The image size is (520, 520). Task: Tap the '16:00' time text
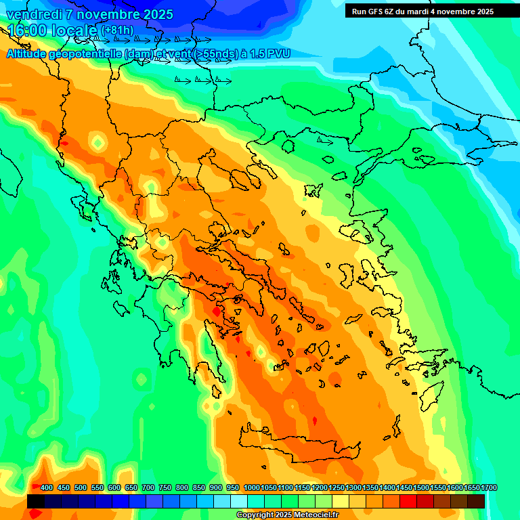point(27,30)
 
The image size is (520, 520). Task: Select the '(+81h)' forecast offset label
point(117,30)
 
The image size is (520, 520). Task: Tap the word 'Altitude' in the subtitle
point(30,53)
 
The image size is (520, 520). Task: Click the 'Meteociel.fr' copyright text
point(312,515)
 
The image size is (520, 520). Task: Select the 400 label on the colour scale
point(47,488)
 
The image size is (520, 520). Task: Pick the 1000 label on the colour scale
point(251,488)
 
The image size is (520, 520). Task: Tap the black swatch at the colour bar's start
point(36,501)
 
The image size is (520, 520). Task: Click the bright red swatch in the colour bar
point(408,501)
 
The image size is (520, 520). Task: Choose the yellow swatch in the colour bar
point(341,501)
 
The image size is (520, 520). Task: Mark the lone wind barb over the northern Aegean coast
point(325,141)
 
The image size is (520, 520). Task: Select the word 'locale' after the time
point(77,30)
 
